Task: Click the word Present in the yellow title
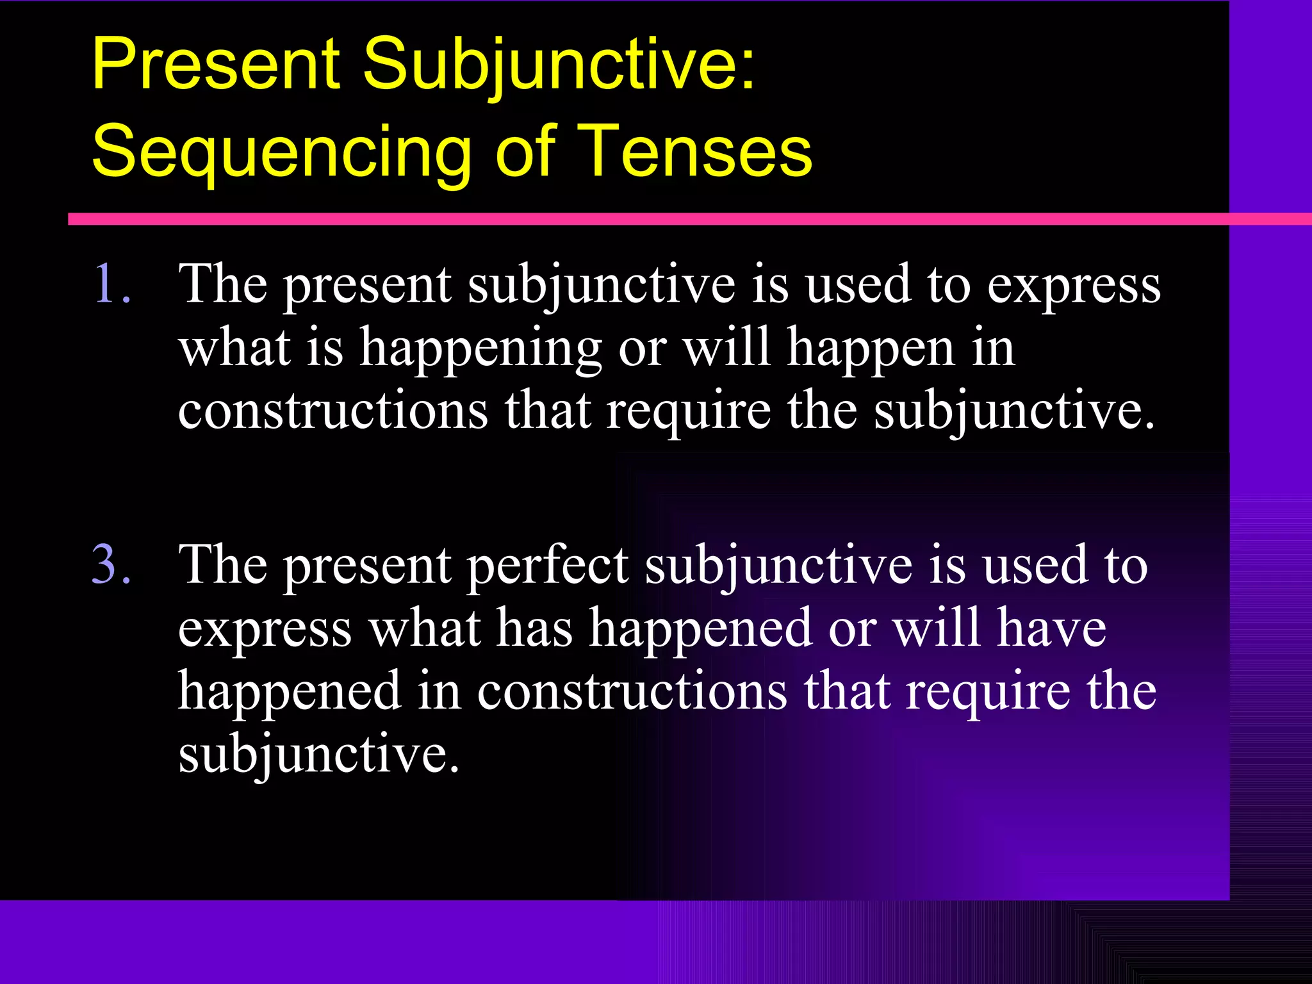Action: pos(215,63)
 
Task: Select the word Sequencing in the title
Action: pos(282,152)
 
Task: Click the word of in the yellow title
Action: pos(524,151)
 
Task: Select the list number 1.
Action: pos(111,283)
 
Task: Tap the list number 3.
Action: pos(111,564)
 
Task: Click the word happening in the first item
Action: pos(480,348)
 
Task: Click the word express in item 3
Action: pos(265,629)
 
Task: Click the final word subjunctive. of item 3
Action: pos(318,755)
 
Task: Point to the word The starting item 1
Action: pos(222,283)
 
